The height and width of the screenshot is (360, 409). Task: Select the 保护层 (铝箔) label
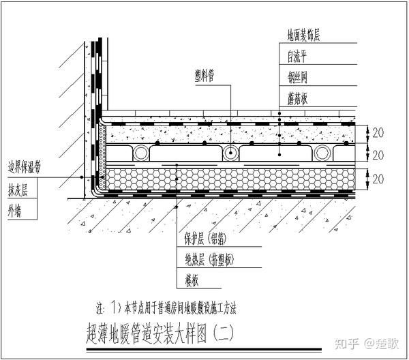206,238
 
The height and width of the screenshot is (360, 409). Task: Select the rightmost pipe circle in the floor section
322,152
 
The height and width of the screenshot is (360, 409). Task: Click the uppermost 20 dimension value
378,132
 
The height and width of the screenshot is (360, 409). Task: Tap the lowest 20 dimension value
378,179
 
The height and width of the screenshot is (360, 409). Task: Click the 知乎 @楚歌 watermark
367,344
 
